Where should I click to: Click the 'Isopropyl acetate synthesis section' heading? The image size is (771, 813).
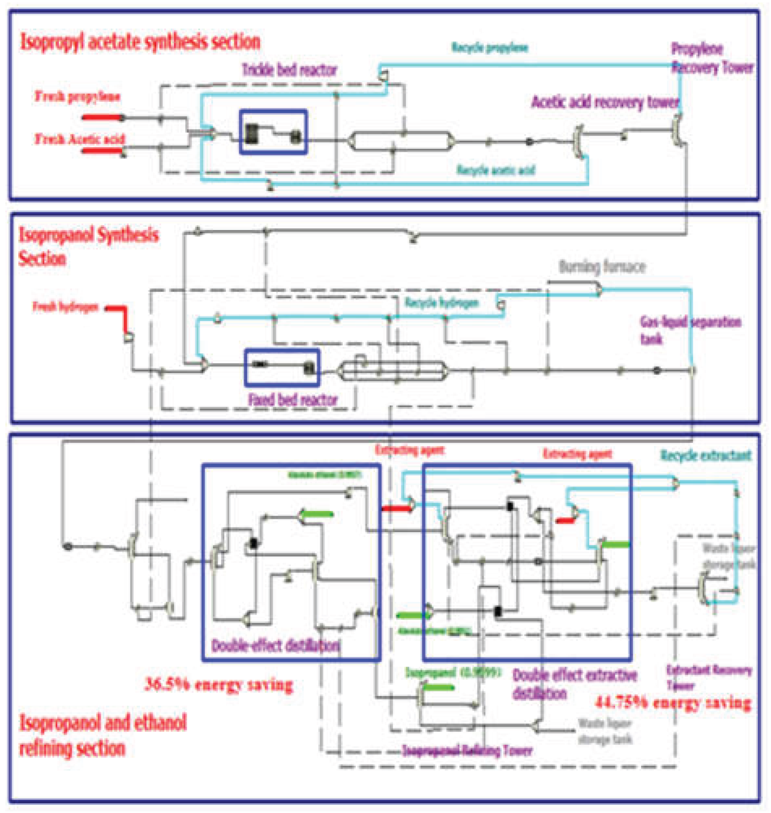140,42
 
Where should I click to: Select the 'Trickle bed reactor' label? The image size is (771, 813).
289,70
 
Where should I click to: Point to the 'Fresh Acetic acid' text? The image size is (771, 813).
79,139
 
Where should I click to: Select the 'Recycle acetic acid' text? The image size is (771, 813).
496,170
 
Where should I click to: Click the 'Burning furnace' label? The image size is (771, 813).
602,267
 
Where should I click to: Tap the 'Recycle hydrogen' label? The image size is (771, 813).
442,303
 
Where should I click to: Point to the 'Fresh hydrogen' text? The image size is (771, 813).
66,307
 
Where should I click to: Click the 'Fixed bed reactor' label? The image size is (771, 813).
293,399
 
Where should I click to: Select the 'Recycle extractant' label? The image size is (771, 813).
706,455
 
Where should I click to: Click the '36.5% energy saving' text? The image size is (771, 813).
218,685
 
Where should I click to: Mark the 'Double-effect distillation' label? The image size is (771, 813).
276,646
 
